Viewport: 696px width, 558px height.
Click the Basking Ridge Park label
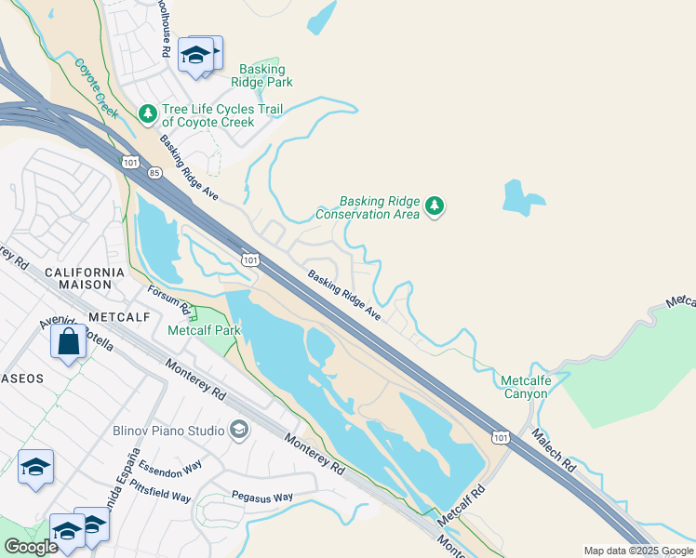coord(265,76)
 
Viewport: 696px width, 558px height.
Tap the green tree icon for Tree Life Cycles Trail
coord(147,113)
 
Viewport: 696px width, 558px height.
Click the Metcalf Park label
coord(203,330)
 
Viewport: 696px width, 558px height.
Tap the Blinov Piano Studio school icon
coord(239,430)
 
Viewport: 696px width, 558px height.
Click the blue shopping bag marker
coord(69,341)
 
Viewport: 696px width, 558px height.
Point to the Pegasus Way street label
coord(261,497)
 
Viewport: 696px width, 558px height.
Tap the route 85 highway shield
coord(154,173)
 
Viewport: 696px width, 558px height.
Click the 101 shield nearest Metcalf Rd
coord(501,436)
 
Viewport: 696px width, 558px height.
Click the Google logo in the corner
coord(31,547)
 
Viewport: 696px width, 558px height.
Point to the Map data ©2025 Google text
coord(637,551)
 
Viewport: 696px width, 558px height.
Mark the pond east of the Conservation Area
coord(521,197)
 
